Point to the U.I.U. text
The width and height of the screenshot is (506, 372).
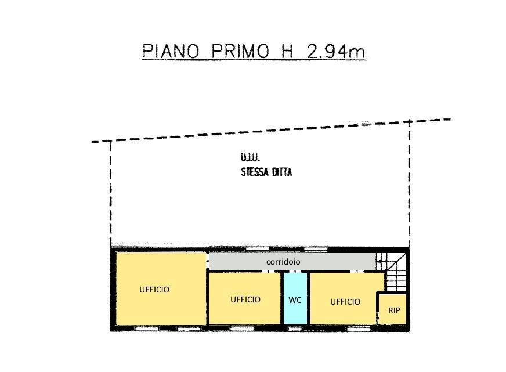pos(250,157)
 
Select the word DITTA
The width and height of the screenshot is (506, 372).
pos(281,172)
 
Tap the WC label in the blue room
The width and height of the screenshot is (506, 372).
pos(295,300)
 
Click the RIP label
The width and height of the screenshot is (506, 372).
pos(394,310)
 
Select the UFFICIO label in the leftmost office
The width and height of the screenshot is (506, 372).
pos(154,289)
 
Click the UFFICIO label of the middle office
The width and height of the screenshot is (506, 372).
pos(245,299)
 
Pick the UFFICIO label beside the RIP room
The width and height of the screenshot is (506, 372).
pos(345,302)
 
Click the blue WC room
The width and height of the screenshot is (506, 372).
pos(295,313)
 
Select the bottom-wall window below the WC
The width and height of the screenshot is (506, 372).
pos(295,328)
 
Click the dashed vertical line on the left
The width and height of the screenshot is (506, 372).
pos(111,192)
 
